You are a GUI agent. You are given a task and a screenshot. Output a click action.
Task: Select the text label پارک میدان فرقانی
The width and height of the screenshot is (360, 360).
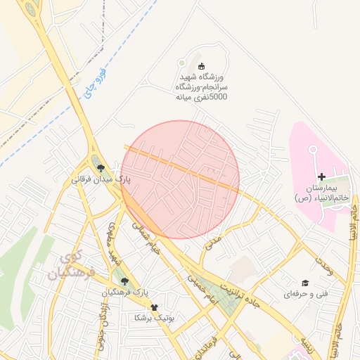(101, 180)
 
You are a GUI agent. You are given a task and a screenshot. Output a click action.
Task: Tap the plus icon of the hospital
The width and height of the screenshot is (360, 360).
(322, 176)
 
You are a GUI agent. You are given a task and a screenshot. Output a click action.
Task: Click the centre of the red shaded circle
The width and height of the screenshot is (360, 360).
(180, 179)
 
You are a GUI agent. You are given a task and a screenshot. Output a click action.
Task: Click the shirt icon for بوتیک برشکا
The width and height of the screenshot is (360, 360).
(154, 307)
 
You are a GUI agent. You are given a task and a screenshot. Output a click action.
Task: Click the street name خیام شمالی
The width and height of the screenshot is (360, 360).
(148, 239)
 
